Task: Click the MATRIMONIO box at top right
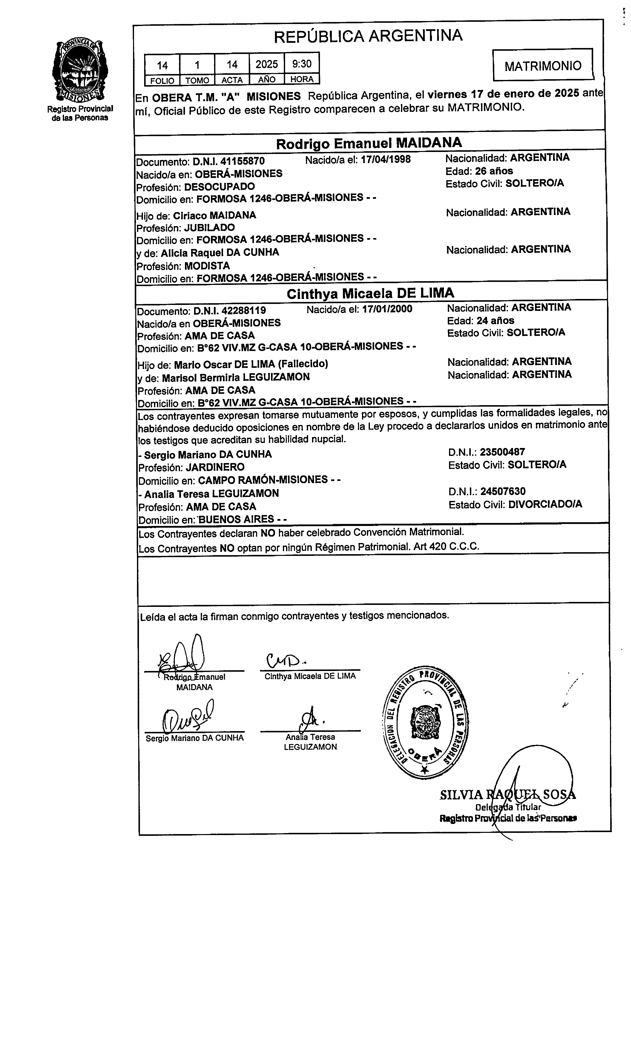click(x=543, y=65)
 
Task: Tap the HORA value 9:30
click(x=302, y=64)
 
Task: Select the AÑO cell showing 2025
click(x=267, y=64)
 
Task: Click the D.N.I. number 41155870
click(x=229, y=161)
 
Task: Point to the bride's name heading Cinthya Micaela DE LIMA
click(x=370, y=293)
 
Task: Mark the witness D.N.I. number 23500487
click(x=502, y=452)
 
